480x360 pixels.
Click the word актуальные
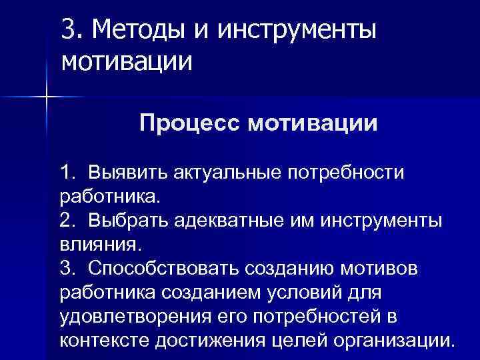click(225, 173)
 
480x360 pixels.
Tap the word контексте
click(107, 341)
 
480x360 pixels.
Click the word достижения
click(212, 341)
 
